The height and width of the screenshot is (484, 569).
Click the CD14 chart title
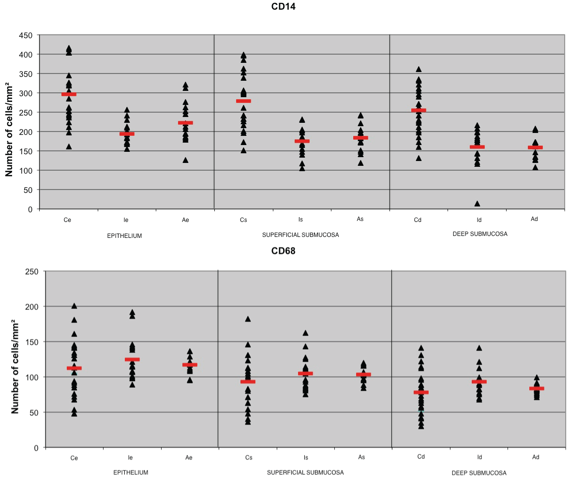point(284,6)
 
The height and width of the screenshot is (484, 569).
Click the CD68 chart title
point(283,251)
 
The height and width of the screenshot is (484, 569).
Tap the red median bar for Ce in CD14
point(69,94)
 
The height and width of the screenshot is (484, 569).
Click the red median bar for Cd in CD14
point(419,110)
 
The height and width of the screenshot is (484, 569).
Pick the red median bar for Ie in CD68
point(132,359)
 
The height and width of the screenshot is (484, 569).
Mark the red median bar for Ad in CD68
point(537,388)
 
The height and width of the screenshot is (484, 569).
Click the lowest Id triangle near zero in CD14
point(477,204)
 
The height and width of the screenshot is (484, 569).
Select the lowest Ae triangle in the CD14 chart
point(185,160)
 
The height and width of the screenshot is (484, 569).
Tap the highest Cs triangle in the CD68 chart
point(248,319)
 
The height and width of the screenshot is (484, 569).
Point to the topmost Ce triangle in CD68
point(74,306)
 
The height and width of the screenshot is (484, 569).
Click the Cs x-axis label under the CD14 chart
point(243,220)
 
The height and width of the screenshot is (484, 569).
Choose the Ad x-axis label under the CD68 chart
point(536,457)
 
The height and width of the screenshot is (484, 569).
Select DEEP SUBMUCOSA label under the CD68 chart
point(479,473)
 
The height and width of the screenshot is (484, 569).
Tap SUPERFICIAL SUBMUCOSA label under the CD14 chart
point(300,235)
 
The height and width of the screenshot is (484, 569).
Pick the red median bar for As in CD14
point(360,138)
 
